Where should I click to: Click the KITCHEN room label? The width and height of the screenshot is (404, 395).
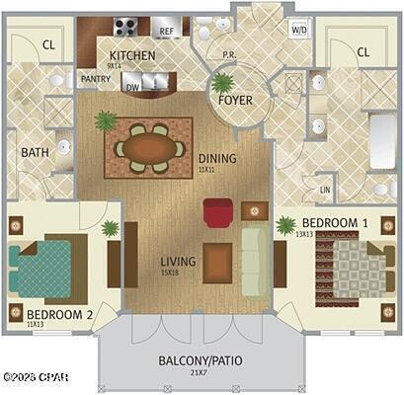click(132, 55)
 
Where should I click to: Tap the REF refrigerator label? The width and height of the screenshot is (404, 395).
click(167, 32)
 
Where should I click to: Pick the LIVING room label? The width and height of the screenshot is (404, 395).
click(178, 262)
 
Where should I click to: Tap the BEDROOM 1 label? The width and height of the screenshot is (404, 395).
click(334, 223)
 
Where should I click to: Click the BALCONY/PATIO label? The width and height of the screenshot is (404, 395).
click(201, 360)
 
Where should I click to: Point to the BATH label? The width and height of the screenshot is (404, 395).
click(36, 153)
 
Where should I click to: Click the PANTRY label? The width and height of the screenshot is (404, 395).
click(95, 79)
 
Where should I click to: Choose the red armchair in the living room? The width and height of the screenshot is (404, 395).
click(218, 211)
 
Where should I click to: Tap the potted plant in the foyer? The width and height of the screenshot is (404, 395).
click(223, 84)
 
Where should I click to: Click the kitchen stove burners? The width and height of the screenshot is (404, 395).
click(125, 28)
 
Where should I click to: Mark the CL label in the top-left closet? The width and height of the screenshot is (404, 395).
click(48, 45)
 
